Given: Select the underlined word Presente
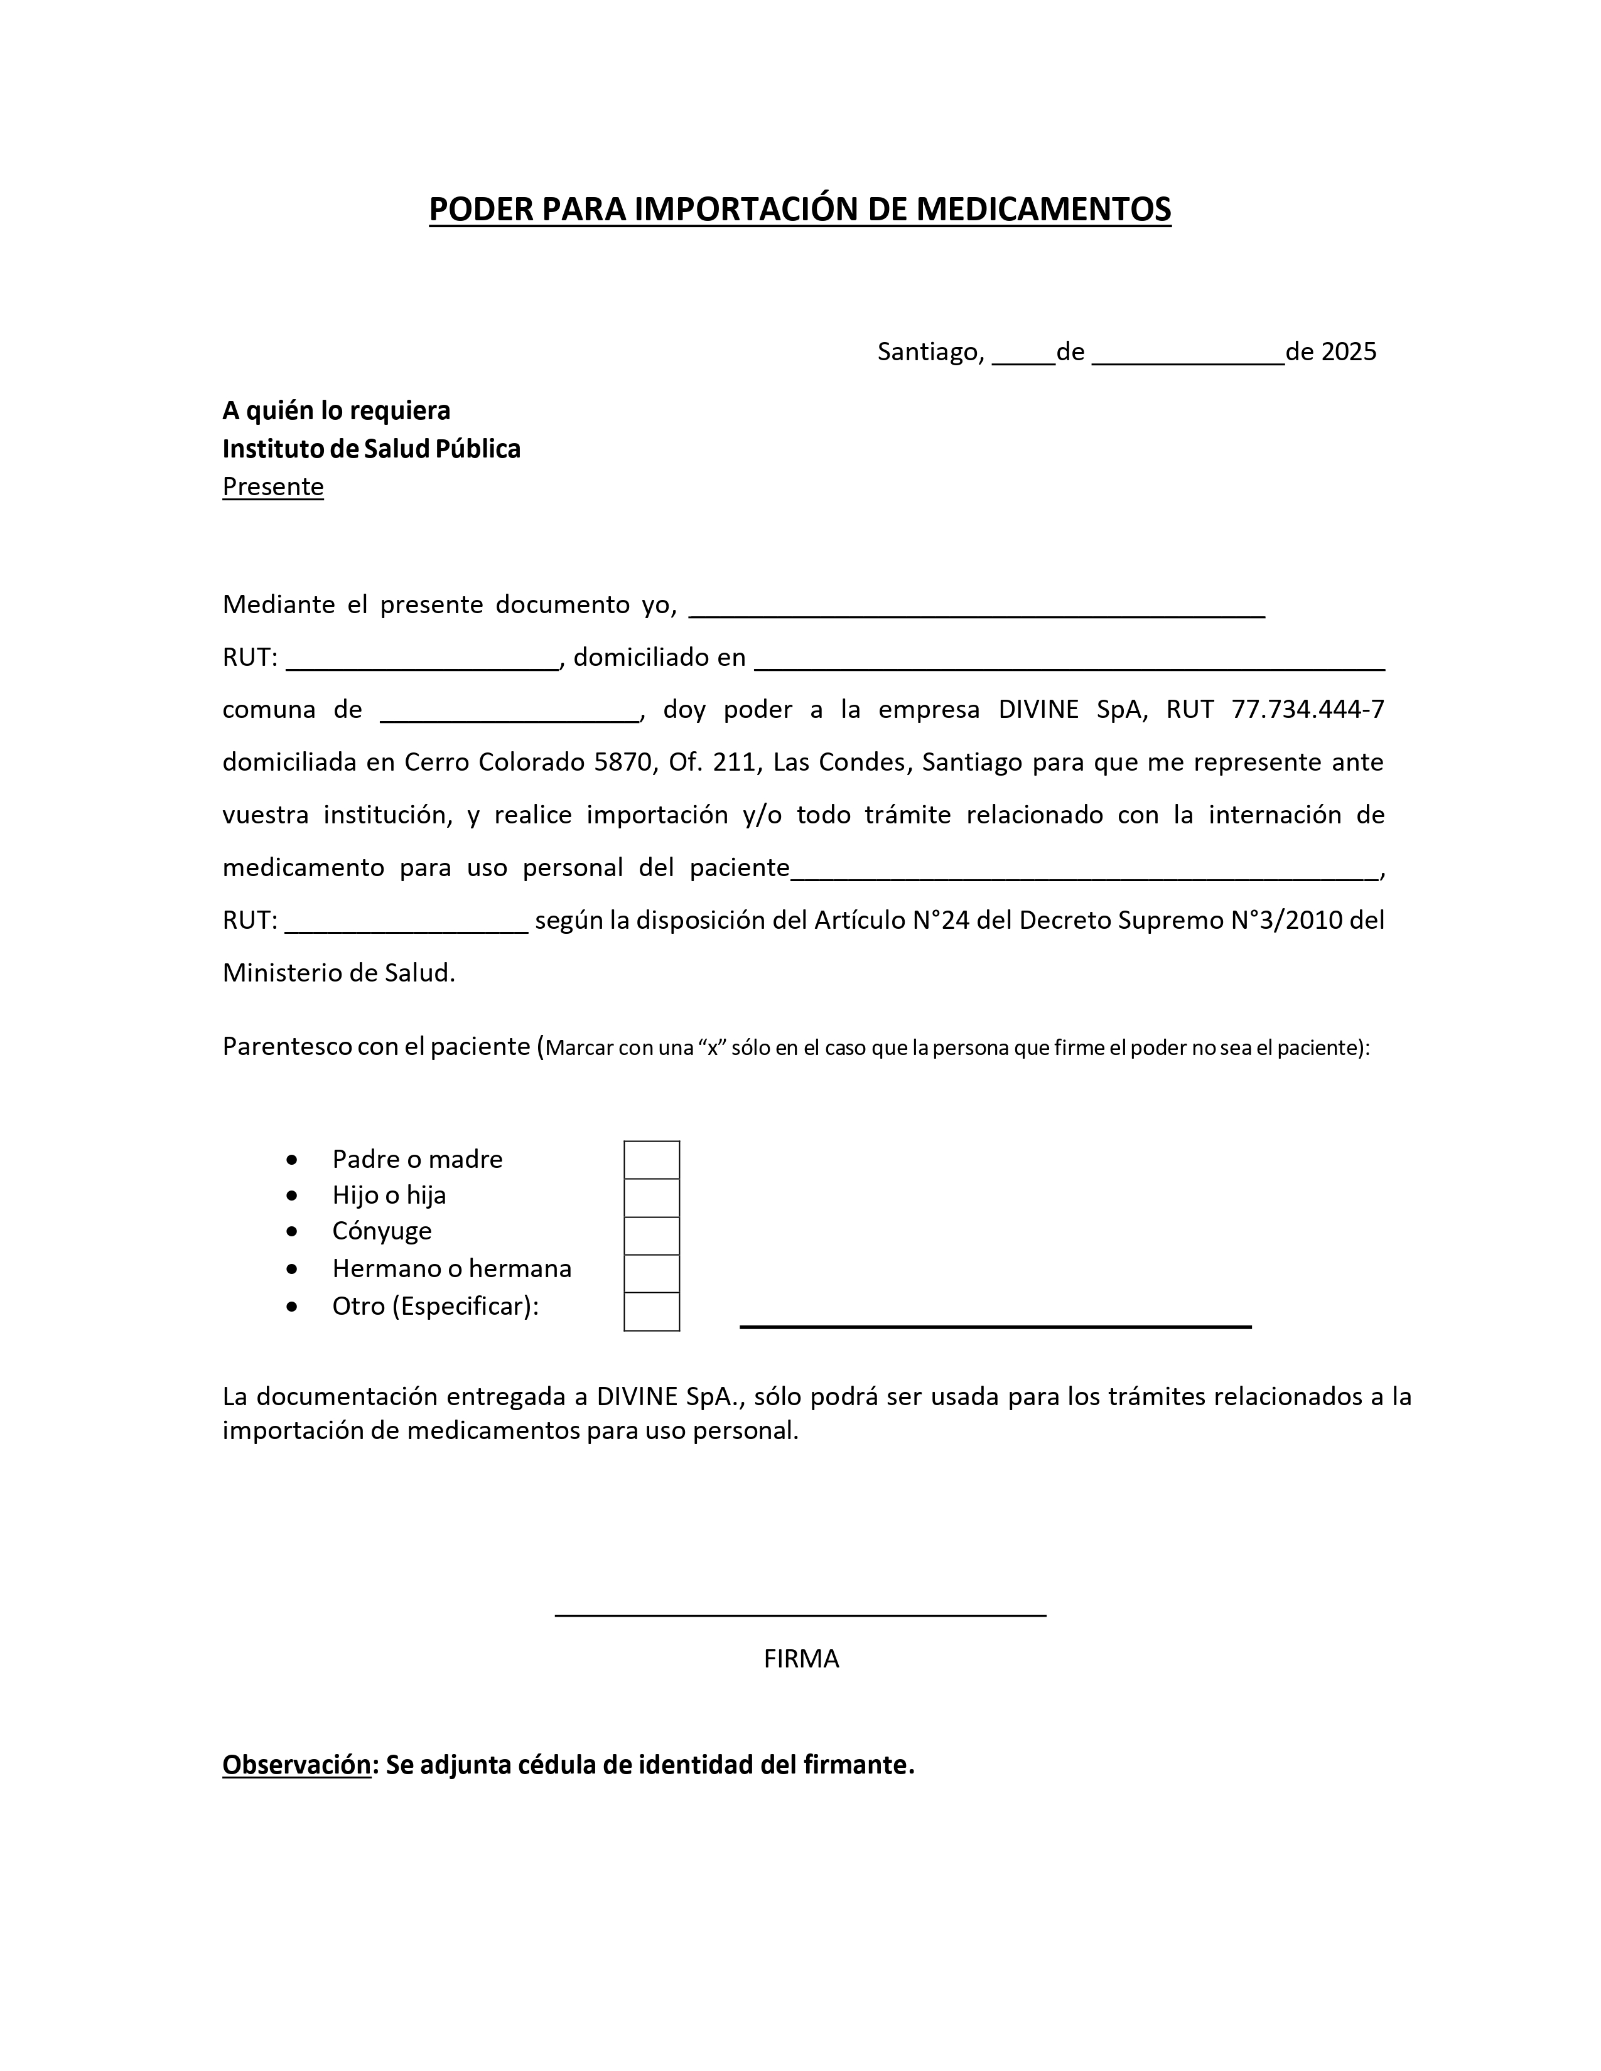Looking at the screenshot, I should [273, 486].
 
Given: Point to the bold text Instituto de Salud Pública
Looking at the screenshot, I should [371, 449].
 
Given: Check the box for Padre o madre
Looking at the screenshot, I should [652, 1160].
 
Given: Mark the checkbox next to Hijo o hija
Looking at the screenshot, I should [652, 1197].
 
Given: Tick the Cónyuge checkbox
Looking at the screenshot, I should [652, 1236].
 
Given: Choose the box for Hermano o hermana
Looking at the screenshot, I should [652, 1273].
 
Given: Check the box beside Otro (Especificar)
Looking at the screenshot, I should [652, 1312].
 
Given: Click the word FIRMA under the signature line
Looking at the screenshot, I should [802, 1659].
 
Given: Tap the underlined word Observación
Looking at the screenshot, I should [296, 1765].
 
